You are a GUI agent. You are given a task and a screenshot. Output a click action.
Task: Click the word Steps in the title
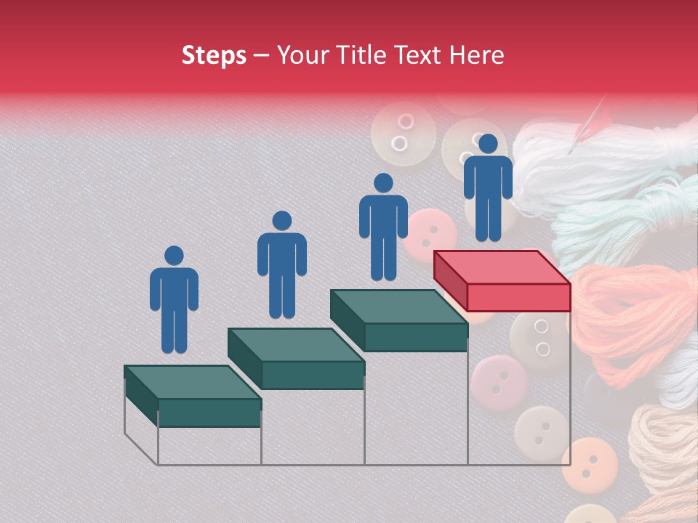[x=214, y=55]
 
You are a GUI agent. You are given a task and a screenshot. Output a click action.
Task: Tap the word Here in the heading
[x=476, y=55]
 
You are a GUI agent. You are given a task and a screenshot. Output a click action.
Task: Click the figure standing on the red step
[x=488, y=187]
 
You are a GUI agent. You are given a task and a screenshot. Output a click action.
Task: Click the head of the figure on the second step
[x=281, y=221]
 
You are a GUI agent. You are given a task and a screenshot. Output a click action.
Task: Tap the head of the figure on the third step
[x=383, y=183]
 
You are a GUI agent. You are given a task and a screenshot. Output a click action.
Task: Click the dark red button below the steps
[x=499, y=381]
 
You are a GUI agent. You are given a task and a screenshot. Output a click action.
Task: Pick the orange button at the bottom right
[x=590, y=462]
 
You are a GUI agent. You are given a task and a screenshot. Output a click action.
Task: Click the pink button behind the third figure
[x=430, y=234]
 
